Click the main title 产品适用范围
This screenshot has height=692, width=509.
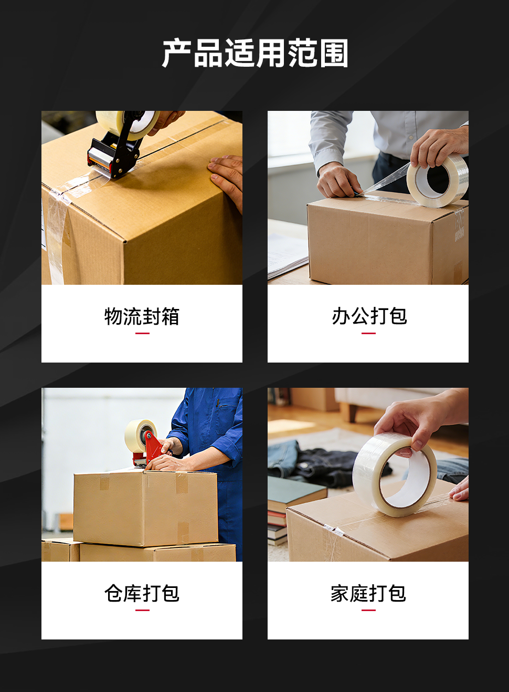255,53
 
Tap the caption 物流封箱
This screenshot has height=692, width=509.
142,316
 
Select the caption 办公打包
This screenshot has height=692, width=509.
369,316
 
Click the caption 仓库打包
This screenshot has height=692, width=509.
142,593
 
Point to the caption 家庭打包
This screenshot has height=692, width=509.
368,593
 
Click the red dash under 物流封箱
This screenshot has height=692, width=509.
142,333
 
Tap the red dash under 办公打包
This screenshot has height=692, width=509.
369,333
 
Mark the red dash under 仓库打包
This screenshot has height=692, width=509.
142,610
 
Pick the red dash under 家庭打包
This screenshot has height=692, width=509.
369,610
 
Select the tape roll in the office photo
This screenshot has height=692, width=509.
438,180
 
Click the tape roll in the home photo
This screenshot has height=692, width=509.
395,474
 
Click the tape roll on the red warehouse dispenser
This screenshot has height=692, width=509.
140,435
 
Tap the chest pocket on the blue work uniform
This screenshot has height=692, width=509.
227,414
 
